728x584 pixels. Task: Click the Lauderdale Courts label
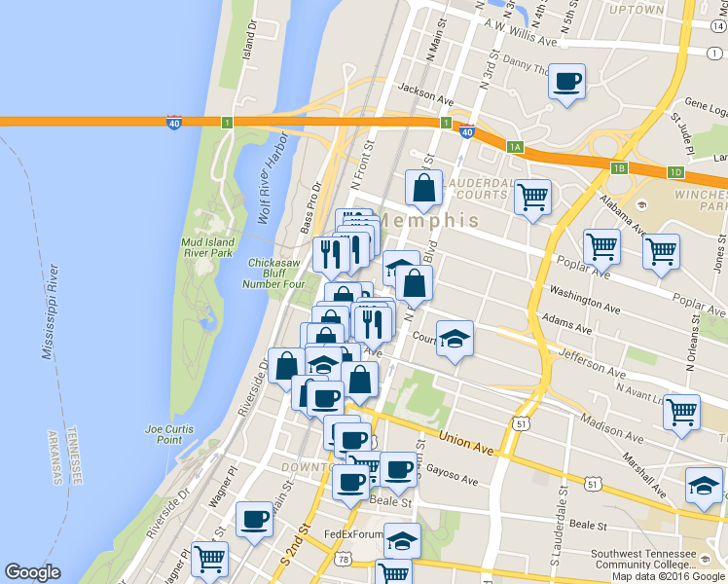coord(478,189)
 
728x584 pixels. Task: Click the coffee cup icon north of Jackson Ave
coord(566,82)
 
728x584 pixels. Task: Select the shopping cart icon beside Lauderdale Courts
coord(532,198)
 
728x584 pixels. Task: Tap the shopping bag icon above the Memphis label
coord(423,189)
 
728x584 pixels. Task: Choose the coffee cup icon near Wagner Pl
coord(254,518)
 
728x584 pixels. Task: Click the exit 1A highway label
coord(515,147)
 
